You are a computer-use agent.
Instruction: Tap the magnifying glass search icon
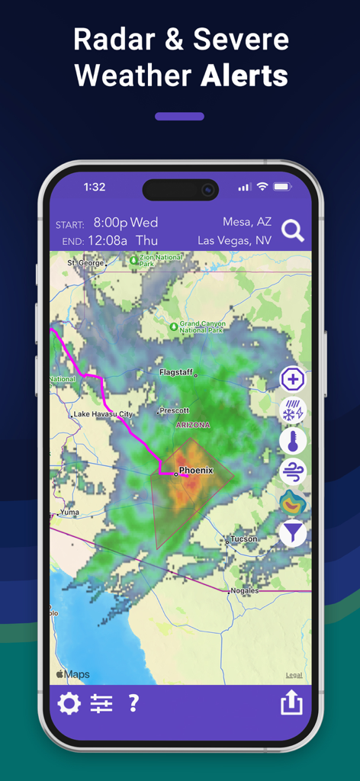(293, 230)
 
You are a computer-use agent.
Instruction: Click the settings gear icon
(69, 703)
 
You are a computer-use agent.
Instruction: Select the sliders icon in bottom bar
(101, 703)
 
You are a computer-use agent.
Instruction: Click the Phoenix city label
(195, 471)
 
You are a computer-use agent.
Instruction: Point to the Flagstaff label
(177, 372)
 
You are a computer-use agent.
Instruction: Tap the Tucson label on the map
(244, 539)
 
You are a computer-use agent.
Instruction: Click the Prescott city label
(174, 410)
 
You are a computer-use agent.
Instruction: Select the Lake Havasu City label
(102, 414)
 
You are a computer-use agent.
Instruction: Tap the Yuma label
(69, 513)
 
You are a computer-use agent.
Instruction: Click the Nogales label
(244, 590)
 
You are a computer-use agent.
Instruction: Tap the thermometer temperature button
(293, 441)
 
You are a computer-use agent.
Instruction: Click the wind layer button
(293, 472)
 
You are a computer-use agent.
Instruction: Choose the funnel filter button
(293, 533)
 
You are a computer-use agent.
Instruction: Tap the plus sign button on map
(293, 379)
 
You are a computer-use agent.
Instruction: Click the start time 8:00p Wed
(126, 223)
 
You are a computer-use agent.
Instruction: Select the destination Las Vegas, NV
(235, 240)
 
